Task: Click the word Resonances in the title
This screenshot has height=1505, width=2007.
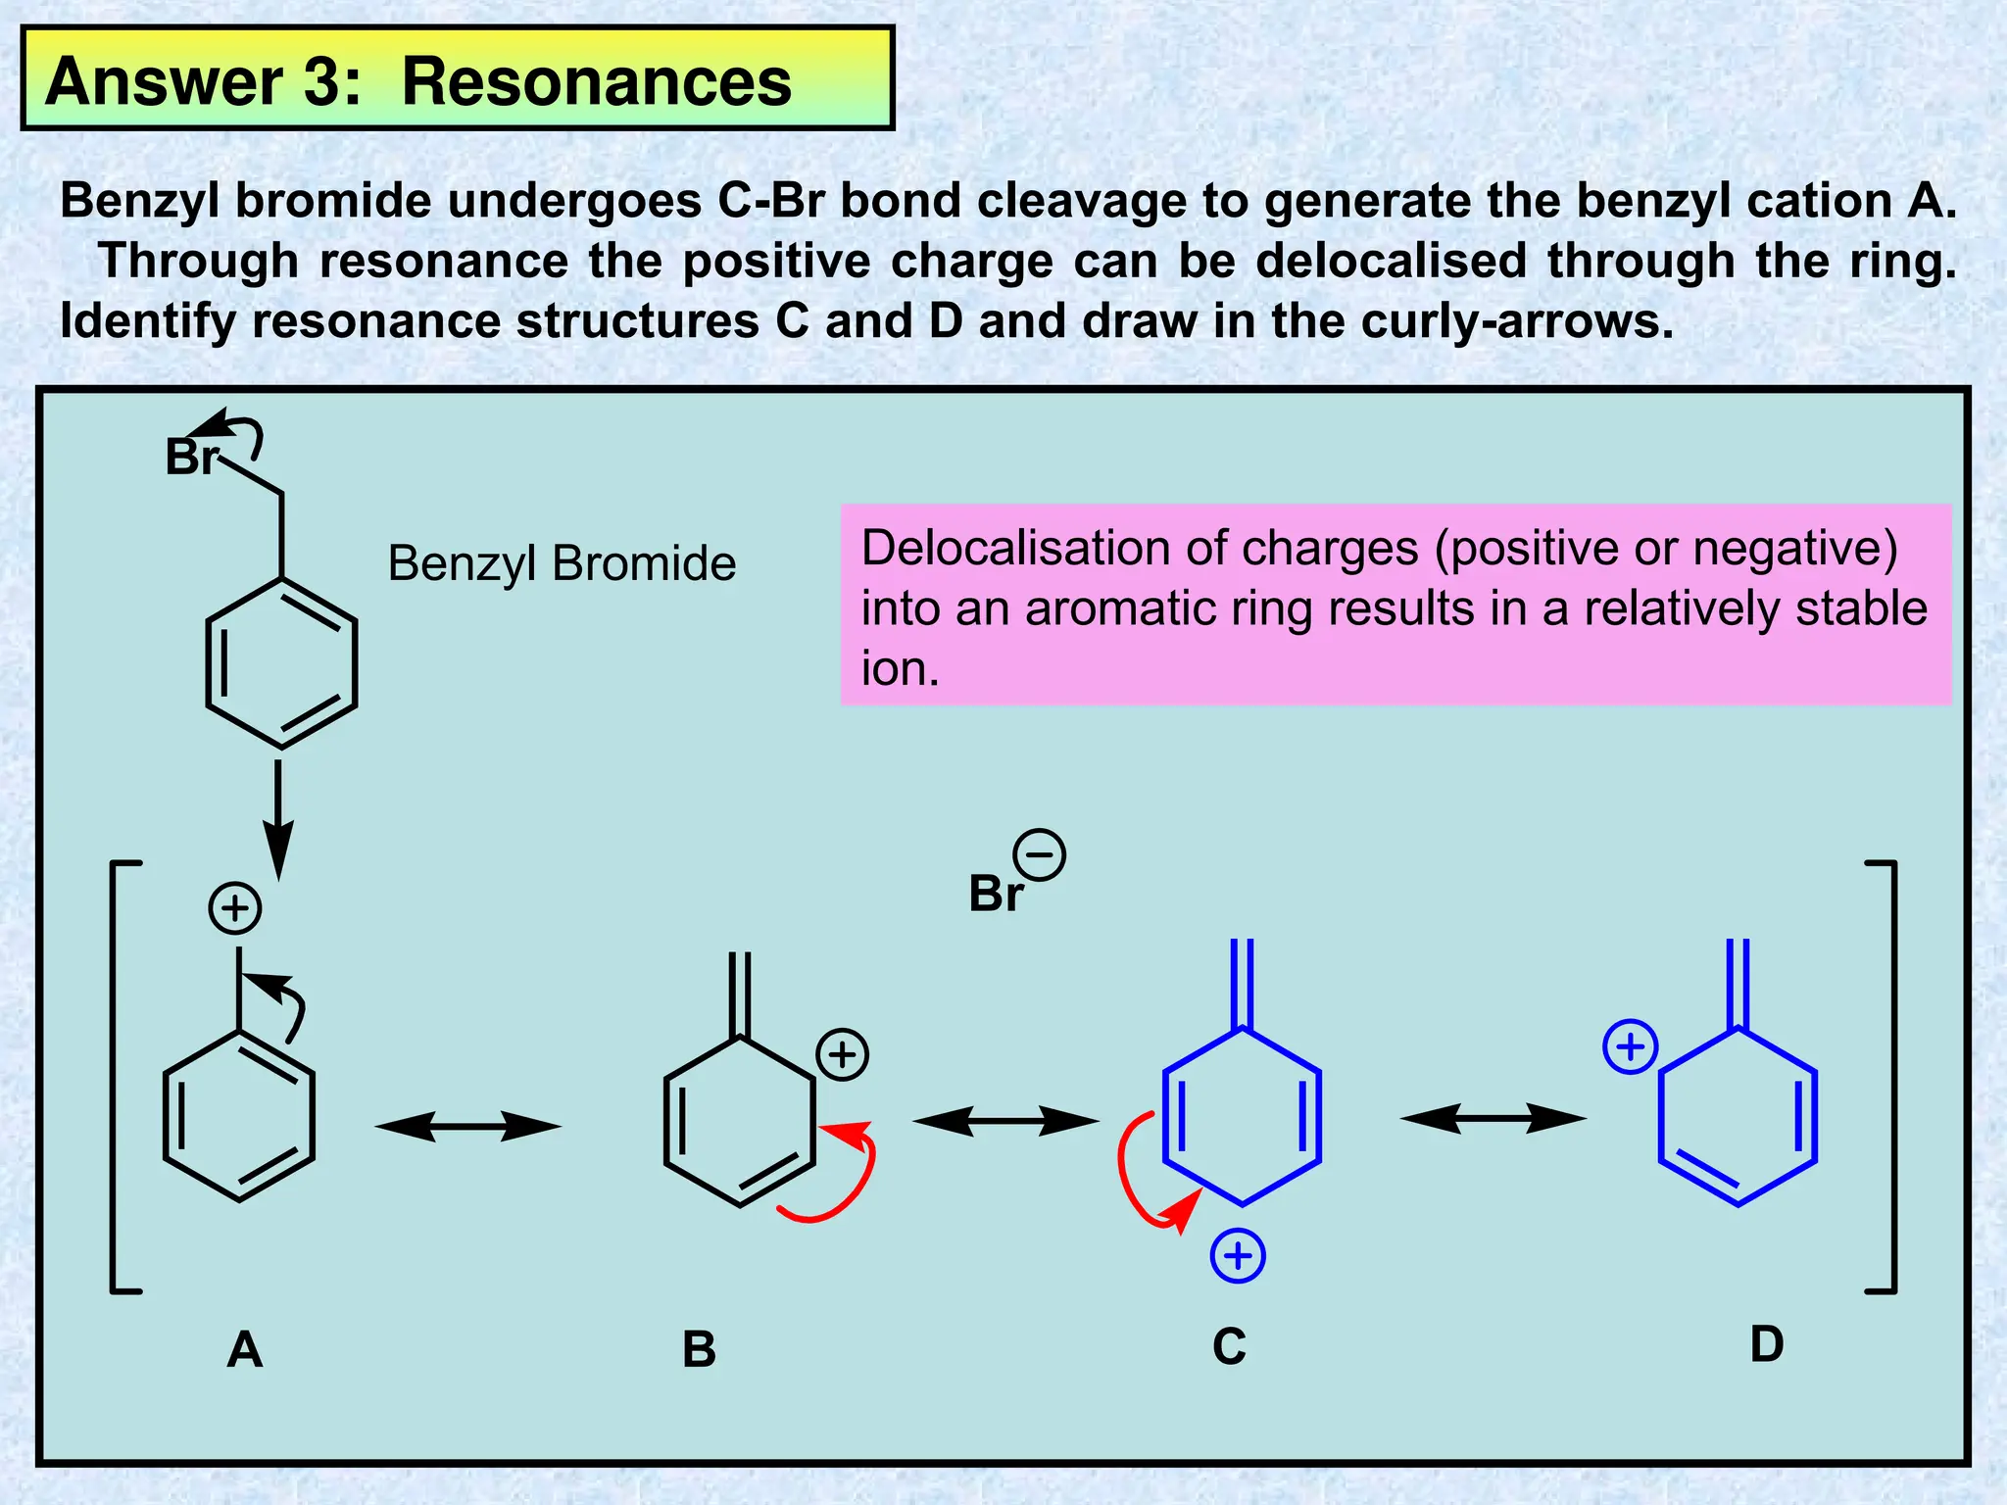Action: pyautogui.click(x=596, y=81)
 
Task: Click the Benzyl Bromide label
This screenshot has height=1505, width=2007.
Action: pyautogui.click(x=562, y=563)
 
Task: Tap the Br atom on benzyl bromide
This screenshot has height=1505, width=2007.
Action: pyautogui.click(x=191, y=458)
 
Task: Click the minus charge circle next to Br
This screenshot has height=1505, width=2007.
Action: pyautogui.click(x=1039, y=854)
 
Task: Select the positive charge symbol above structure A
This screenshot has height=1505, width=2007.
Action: pyautogui.click(x=235, y=908)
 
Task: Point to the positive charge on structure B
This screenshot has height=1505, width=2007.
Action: pyautogui.click(x=842, y=1054)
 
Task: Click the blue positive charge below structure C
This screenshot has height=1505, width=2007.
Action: pyautogui.click(x=1238, y=1255)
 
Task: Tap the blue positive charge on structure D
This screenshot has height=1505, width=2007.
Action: pyautogui.click(x=1630, y=1046)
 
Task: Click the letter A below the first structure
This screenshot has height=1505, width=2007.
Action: pyautogui.click(x=244, y=1349)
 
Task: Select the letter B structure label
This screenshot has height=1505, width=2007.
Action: pyautogui.click(x=699, y=1349)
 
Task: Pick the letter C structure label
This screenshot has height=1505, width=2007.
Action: pyautogui.click(x=1229, y=1346)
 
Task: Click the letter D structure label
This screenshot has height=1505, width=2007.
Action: pyautogui.click(x=1767, y=1343)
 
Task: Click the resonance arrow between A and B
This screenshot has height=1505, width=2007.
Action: pyautogui.click(x=467, y=1127)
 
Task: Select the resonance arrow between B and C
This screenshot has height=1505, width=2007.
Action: pyautogui.click(x=1005, y=1120)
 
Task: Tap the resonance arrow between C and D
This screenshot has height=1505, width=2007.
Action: pyautogui.click(x=1493, y=1117)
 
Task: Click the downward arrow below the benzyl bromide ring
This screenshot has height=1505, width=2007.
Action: pyautogui.click(x=278, y=818)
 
